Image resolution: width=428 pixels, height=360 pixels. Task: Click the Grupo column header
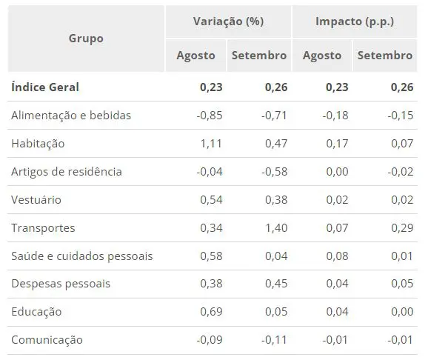86,39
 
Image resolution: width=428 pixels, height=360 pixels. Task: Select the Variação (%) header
229,21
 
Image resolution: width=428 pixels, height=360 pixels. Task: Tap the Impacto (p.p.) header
355,21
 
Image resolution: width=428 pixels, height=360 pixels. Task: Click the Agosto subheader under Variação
195,56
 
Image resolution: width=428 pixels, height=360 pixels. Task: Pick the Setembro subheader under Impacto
385,56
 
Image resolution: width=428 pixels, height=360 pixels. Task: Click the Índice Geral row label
45,87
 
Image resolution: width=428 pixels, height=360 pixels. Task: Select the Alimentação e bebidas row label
71,116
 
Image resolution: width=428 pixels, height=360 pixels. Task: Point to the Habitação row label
38,144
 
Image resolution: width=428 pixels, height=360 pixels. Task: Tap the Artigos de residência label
67,172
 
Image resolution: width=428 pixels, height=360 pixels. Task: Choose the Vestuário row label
36,200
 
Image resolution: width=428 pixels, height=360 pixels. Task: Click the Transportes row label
43,228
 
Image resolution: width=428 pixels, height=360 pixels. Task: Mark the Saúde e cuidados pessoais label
82,256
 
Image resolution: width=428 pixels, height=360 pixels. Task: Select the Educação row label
36,312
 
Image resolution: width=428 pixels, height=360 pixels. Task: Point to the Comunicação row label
47,340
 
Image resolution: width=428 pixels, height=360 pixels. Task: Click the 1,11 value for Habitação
211,144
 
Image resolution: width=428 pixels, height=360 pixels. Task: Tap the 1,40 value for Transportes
276,228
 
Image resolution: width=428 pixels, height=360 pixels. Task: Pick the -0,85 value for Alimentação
210,116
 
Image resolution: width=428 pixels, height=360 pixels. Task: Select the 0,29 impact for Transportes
402,228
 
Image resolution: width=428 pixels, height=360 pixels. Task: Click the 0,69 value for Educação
211,312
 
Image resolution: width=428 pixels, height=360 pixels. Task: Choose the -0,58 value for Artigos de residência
274,172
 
